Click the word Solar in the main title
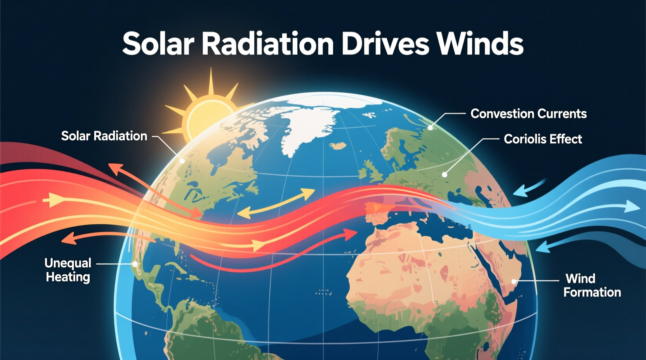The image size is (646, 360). pos(158,43)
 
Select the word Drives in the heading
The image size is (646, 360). pos(385,43)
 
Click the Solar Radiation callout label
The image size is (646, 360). pos(104,136)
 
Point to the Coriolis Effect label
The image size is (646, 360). pos(543,139)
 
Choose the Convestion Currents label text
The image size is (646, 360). pos(528,114)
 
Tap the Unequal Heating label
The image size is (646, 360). pos(68,270)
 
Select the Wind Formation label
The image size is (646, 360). pos(592,285)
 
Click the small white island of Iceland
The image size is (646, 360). pos(337,146)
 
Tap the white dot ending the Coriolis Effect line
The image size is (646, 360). pos(445,175)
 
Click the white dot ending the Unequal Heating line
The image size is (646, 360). pos(135,264)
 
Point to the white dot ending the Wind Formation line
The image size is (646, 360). pos(514,282)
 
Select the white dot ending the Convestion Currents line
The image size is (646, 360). pos(430,128)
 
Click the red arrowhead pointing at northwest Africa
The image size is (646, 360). pos(351,233)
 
